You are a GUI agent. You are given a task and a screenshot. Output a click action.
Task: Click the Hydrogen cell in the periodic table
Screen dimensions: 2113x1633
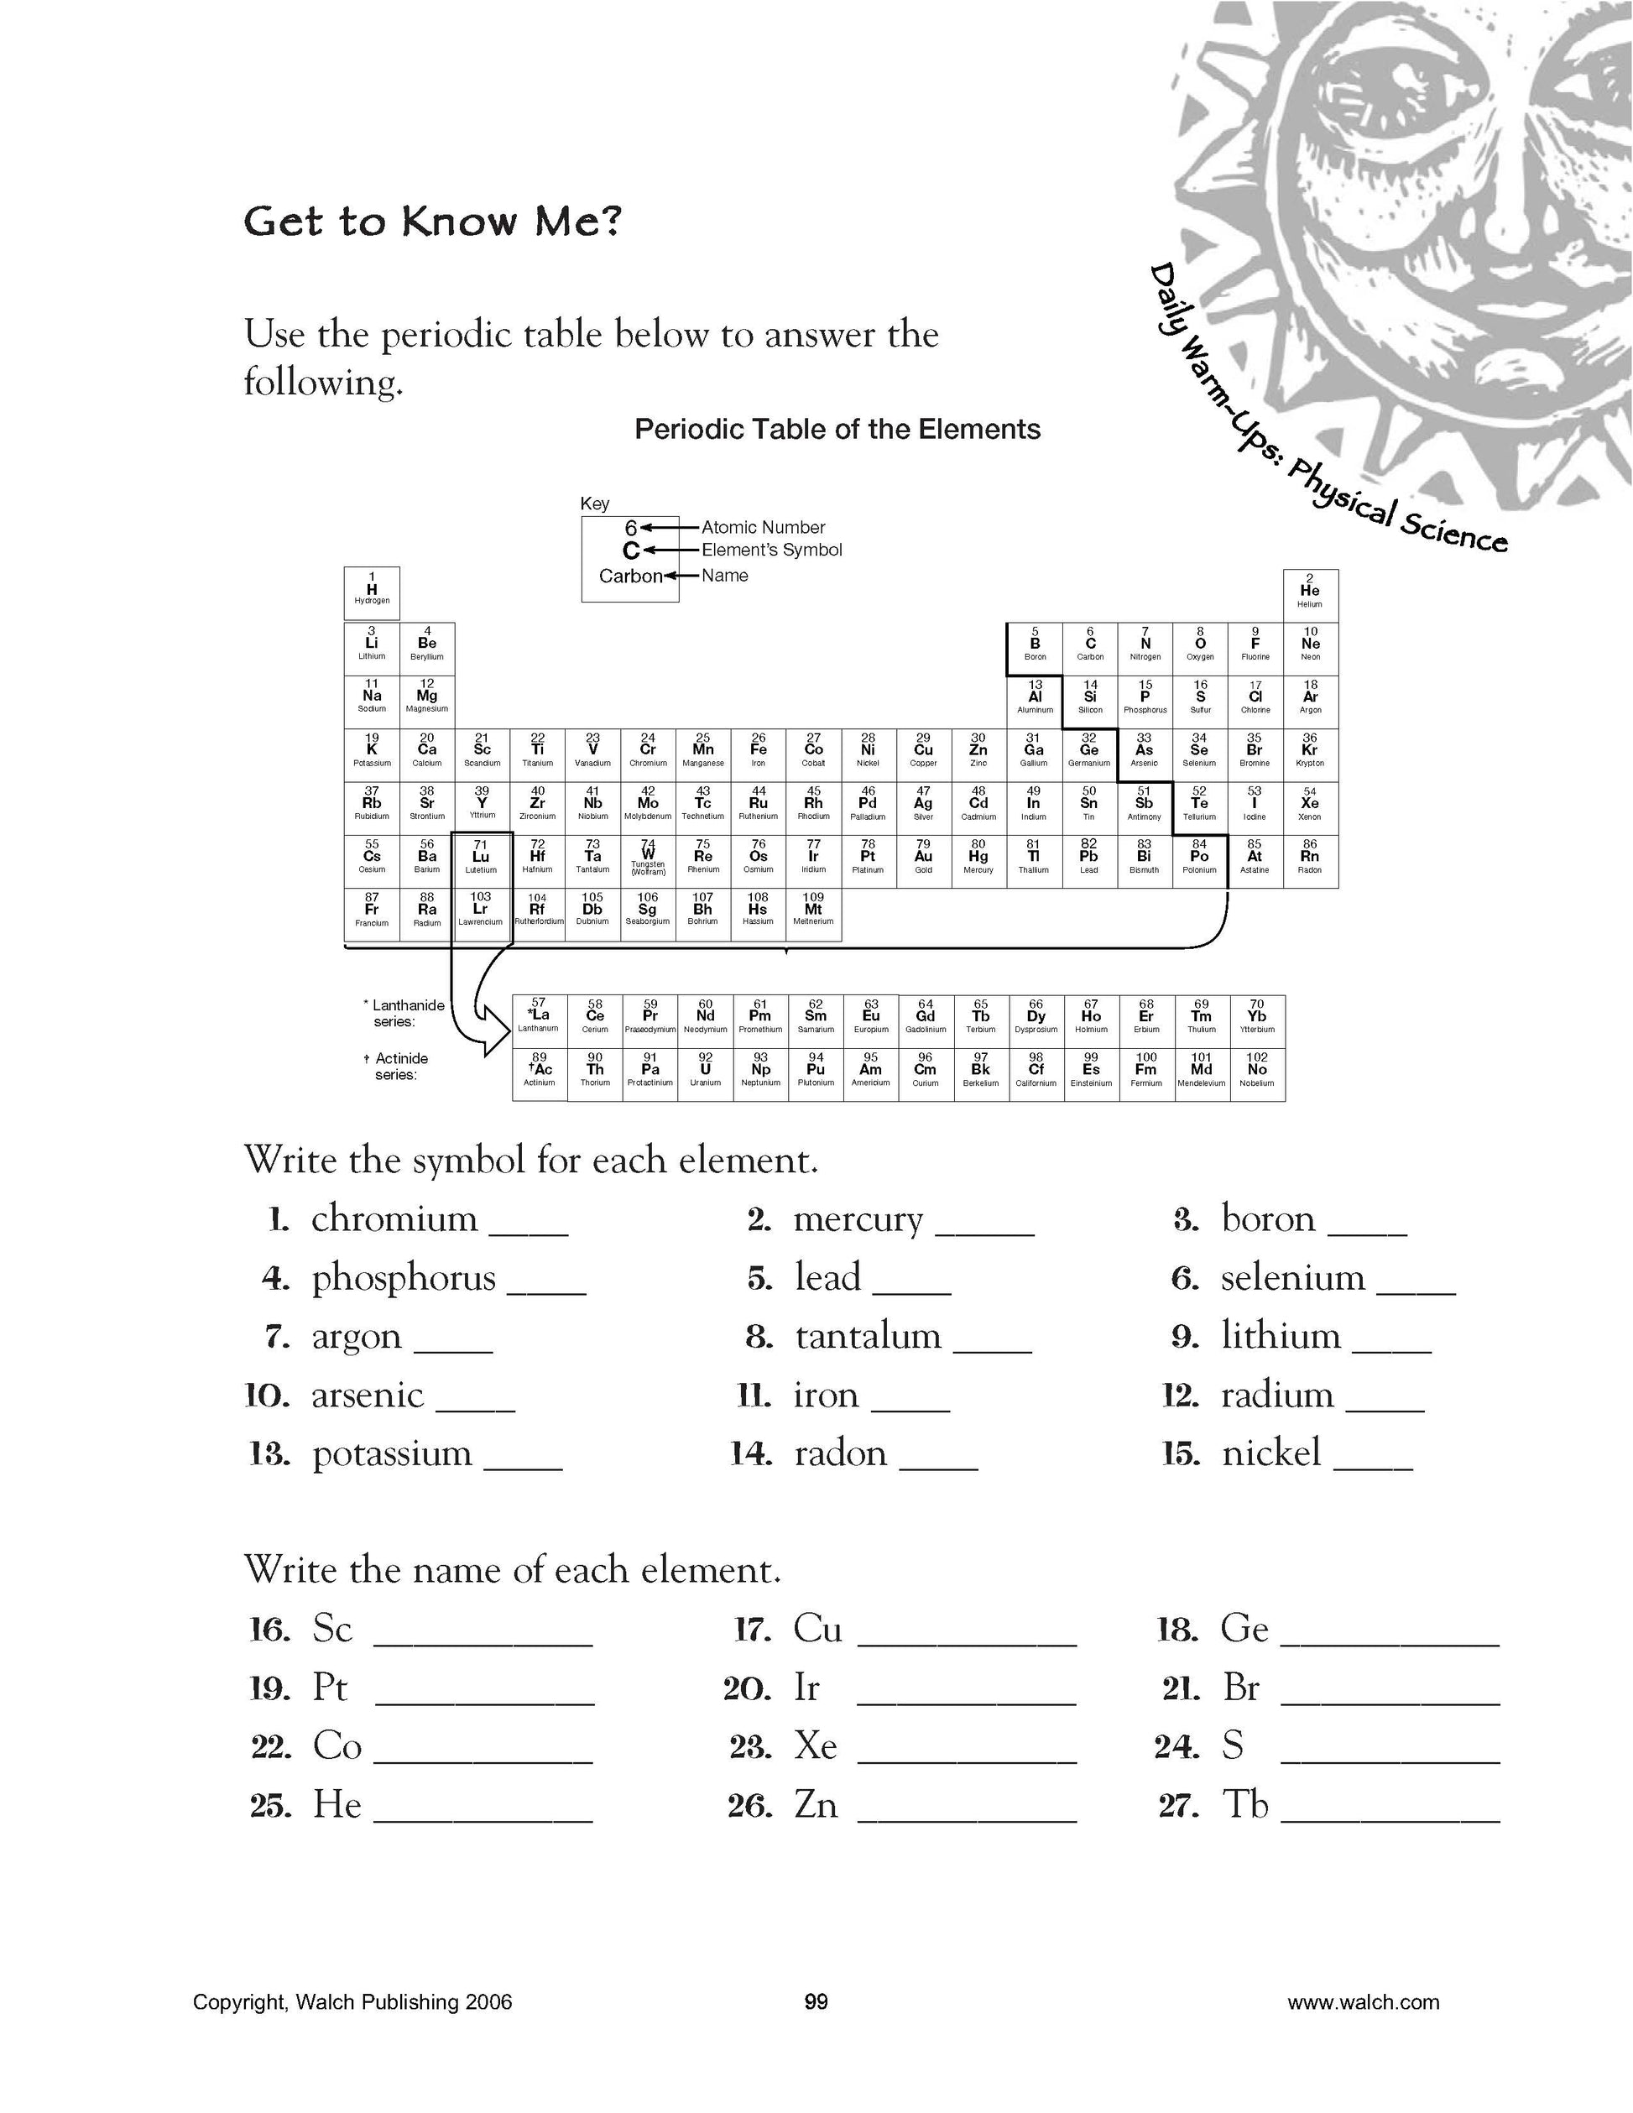372,592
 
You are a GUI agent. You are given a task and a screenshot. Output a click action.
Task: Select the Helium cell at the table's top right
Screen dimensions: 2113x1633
1310,594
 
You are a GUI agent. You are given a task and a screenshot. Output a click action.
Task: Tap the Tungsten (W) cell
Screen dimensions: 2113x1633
648,860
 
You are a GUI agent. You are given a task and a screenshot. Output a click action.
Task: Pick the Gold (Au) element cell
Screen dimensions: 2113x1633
924,860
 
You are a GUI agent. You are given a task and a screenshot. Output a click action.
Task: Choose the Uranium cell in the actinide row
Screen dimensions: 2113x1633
705,1074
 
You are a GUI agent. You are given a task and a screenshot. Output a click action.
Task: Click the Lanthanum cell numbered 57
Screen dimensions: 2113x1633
539,1020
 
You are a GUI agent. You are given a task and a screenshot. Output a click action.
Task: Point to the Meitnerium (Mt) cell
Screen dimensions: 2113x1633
814,913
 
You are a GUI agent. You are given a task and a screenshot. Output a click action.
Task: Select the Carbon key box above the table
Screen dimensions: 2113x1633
630,558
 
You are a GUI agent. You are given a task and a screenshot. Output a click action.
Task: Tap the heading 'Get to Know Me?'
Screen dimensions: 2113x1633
431,222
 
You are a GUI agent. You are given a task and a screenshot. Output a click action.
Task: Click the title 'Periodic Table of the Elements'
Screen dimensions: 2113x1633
837,430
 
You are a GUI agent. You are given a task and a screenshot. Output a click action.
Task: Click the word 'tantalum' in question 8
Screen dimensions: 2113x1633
868,1336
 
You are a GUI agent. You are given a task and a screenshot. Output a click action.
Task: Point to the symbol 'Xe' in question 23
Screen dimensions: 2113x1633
815,1746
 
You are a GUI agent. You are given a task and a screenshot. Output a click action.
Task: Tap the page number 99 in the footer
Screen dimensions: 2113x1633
816,2001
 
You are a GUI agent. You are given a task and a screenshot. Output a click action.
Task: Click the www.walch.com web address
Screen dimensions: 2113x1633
1362,2001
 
